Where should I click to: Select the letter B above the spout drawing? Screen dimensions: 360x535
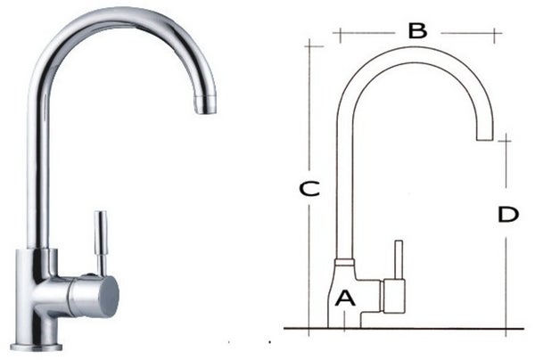(416, 31)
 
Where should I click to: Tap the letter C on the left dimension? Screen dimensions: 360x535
(308, 190)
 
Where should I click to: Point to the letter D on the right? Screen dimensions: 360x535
(507, 215)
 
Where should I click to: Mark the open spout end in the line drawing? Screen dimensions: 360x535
(485, 139)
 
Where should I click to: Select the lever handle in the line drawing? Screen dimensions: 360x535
(399, 258)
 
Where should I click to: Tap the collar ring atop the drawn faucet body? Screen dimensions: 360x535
(345, 263)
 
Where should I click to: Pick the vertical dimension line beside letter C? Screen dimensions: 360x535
(308, 107)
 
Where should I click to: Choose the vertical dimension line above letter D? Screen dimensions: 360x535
(506, 169)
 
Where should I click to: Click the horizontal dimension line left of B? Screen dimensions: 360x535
(366, 33)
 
